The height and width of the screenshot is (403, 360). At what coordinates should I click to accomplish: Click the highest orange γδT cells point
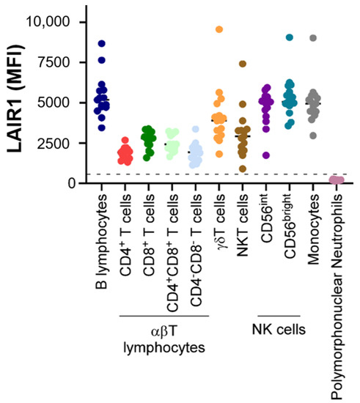coord(218,30)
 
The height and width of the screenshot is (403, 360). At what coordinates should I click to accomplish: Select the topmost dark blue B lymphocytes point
coord(103,44)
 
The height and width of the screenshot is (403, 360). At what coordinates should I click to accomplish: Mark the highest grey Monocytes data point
coord(313,38)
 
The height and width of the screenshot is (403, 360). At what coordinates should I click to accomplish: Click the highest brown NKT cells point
coord(242,64)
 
